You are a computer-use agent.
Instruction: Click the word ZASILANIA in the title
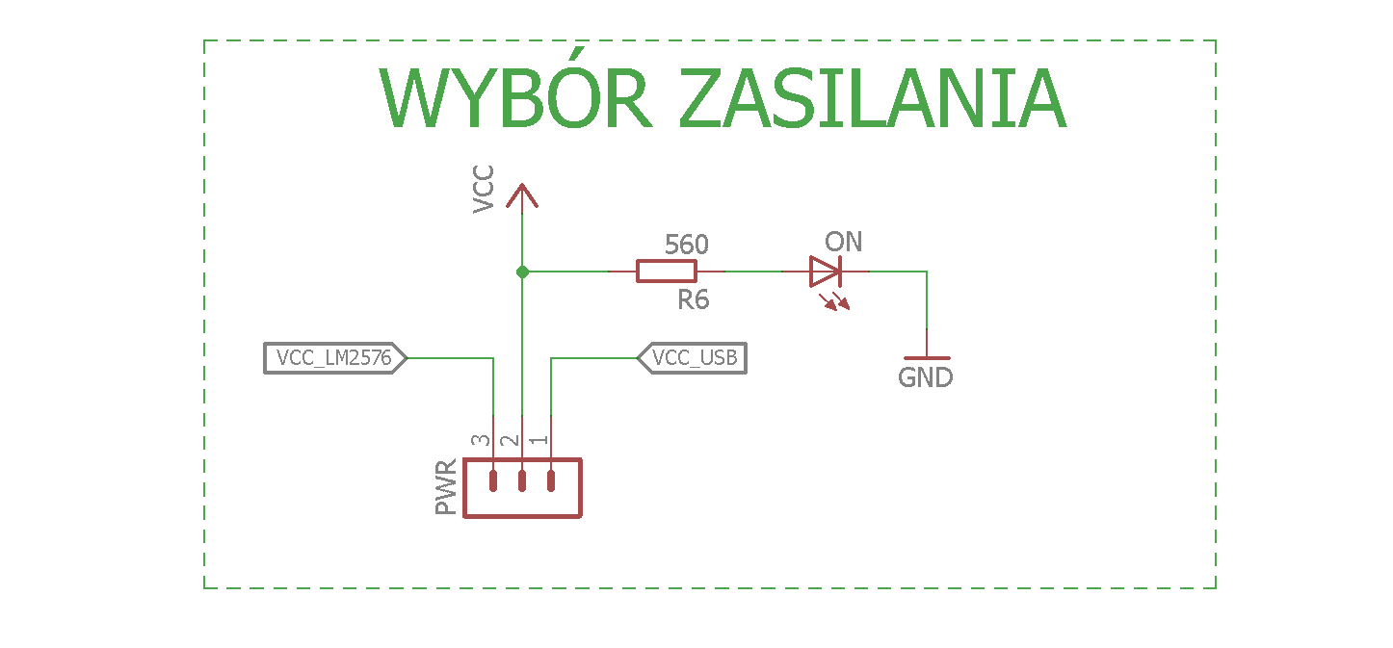point(873,98)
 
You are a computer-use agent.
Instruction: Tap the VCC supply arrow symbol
point(522,195)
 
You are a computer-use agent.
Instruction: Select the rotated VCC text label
point(484,189)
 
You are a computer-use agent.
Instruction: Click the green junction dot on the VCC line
point(522,272)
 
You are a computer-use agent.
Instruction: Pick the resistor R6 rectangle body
point(666,272)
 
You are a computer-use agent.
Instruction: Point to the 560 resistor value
point(687,245)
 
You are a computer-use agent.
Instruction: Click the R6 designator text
point(694,300)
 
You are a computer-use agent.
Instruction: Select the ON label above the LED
point(843,242)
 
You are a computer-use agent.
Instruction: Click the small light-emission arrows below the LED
point(834,302)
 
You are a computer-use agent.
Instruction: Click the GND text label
point(926,377)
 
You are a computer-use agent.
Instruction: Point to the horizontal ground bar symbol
point(927,358)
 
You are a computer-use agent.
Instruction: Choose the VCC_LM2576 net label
point(335,358)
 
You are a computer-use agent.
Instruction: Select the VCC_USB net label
point(693,358)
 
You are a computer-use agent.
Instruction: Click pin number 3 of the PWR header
point(481,440)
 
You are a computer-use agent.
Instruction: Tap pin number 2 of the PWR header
point(510,440)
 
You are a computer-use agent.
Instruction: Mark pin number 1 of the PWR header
point(539,440)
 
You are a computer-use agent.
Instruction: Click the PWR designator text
point(446,487)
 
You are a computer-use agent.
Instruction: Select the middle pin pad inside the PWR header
point(522,480)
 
